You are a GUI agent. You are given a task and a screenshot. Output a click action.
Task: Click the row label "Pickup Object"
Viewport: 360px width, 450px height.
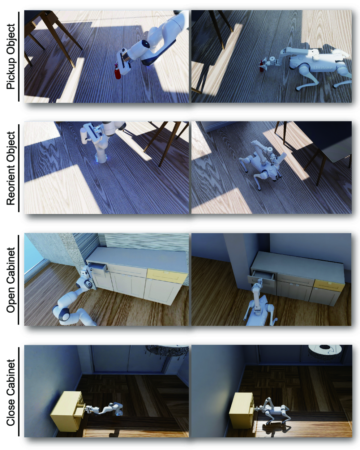(11, 56)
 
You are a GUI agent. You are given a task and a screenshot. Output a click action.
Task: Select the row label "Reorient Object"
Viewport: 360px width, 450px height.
(11, 168)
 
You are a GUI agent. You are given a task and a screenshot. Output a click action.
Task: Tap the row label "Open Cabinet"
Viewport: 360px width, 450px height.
(11, 280)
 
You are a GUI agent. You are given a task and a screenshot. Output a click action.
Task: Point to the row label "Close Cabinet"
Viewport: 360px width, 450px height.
(11, 393)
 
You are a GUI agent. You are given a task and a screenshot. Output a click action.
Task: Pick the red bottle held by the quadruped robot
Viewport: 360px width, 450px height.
(261, 66)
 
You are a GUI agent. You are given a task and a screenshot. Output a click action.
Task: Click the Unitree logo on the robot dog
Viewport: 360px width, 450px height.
(323, 68)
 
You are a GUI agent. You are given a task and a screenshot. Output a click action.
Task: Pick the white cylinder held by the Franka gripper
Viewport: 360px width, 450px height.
(84, 136)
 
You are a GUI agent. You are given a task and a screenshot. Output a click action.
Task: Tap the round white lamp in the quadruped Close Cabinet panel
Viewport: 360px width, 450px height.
(325, 350)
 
